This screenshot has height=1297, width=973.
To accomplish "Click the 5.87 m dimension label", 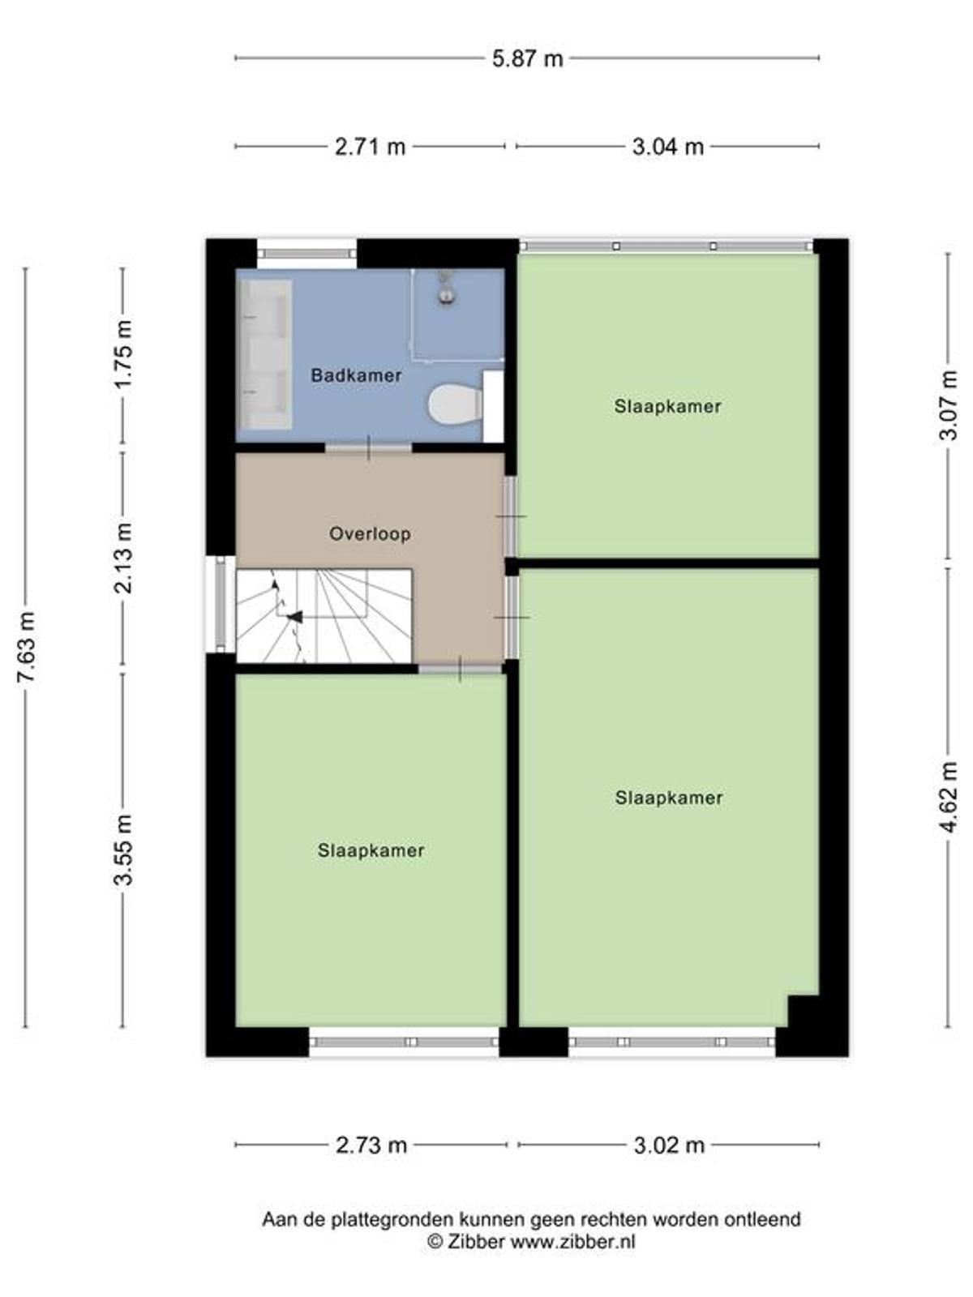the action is click(528, 58).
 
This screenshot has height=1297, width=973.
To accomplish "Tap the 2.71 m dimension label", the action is click(370, 146).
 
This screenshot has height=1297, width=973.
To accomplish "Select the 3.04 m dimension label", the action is click(667, 146).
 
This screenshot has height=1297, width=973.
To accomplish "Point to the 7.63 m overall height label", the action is click(26, 647).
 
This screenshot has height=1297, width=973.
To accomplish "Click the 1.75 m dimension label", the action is click(124, 354).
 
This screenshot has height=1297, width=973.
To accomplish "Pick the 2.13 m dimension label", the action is click(124, 559).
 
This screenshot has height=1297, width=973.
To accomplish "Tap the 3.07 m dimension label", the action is click(948, 405).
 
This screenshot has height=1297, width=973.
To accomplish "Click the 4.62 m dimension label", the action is click(948, 797).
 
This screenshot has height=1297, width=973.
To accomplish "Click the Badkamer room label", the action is click(356, 375).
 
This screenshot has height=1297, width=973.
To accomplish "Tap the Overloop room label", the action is click(370, 534).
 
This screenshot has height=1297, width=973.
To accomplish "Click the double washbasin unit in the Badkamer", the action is click(266, 354).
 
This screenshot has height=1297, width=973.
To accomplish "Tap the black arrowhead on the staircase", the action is click(295, 617).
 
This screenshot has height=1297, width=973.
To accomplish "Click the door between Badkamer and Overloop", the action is click(369, 448).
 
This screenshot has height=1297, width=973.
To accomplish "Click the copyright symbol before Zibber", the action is click(435, 1240).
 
